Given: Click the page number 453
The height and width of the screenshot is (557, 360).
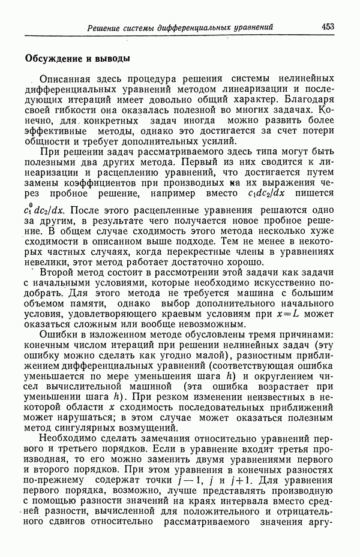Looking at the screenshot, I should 328,26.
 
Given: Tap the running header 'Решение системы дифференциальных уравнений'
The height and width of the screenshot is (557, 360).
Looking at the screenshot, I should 180,27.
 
